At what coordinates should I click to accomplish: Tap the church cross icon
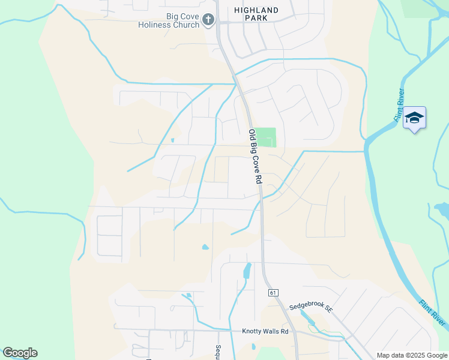(x=208, y=20)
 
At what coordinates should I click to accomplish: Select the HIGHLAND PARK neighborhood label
(x=256, y=14)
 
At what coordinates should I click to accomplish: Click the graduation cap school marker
(x=414, y=117)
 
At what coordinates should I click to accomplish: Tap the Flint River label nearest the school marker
(x=400, y=106)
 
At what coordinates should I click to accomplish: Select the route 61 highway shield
(x=273, y=292)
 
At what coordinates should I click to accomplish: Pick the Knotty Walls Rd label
(x=265, y=331)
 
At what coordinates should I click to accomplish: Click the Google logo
(x=19, y=353)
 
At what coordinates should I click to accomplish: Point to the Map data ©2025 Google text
(x=412, y=355)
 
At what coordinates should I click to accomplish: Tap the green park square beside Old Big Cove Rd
(x=268, y=137)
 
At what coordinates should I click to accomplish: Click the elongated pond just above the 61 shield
(x=246, y=271)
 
